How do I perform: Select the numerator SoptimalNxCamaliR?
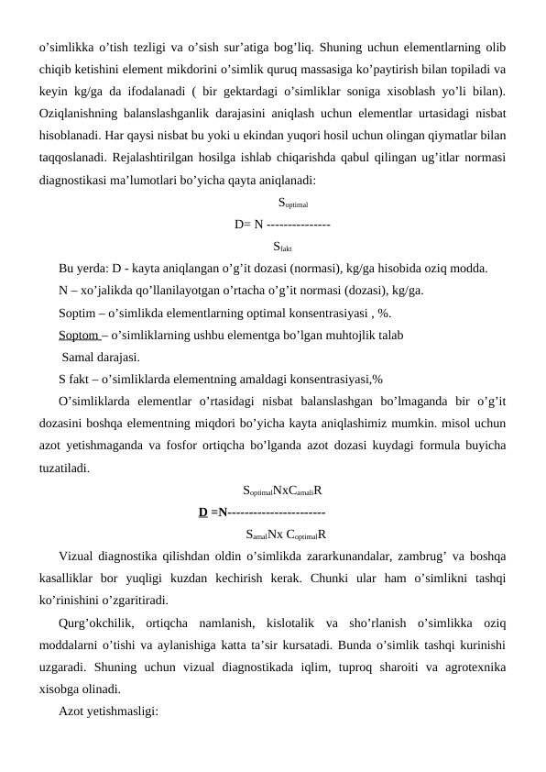click(x=288, y=490)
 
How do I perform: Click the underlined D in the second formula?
click(x=202, y=512)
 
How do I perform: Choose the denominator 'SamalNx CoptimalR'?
click(x=288, y=534)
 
